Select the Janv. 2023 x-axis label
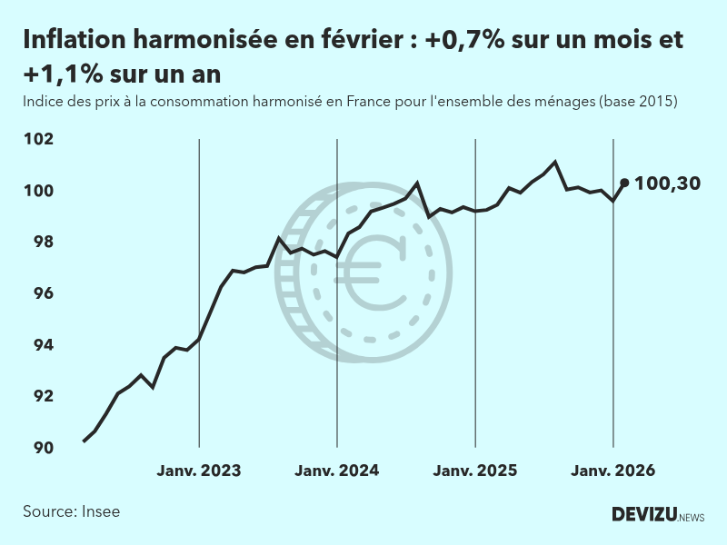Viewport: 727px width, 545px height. pyautogui.click(x=199, y=471)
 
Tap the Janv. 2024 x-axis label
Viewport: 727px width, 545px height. pyautogui.click(x=337, y=471)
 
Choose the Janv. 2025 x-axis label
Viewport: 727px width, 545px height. pyautogui.click(x=475, y=471)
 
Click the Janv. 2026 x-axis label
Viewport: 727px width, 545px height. pyautogui.click(x=613, y=471)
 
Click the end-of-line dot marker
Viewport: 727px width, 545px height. pyautogui.click(x=624, y=183)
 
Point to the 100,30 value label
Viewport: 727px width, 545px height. pyautogui.click(x=667, y=183)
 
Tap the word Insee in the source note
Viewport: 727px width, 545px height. pyautogui.click(x=100, y=511)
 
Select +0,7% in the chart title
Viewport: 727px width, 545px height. pyautogui.click(x=465, y=41)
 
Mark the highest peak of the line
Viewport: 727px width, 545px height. pyautogui.click(x=555, y=162)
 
